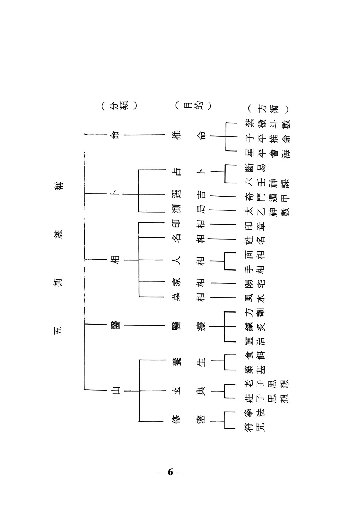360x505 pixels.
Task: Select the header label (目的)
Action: (x=193, y=106)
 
